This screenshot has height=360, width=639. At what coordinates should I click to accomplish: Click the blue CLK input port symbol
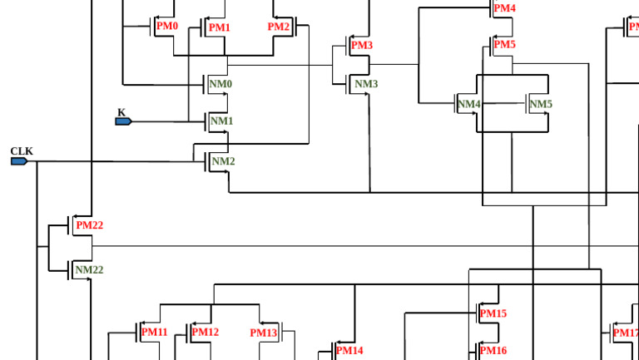(19, 161)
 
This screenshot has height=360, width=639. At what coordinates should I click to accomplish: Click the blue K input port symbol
(123, 121)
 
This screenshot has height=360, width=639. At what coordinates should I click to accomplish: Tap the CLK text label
(22, 151)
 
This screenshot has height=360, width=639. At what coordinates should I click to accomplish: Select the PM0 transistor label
(167, 26)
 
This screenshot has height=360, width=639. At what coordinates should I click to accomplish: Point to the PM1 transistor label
(220, 27)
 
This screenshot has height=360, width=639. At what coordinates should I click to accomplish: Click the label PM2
(279, 27)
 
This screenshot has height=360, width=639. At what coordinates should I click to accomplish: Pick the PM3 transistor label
(362, 45)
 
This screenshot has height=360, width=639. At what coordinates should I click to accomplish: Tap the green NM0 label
(220, 84)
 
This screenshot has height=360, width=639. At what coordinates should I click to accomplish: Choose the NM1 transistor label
(221, 121)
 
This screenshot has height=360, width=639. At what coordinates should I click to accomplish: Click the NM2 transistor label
(223, 161)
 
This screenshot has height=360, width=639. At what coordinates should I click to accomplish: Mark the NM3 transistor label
(366, 84)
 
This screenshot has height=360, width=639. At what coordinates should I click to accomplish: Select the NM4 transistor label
(469, 104)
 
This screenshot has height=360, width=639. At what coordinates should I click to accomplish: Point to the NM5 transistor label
(541, 104)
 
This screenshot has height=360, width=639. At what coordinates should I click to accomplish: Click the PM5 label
(504, 44)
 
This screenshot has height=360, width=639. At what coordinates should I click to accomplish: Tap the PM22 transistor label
(90, 225)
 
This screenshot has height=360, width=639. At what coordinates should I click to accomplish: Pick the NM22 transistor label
(89, 269)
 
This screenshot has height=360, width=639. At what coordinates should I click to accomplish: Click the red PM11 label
(155, 332)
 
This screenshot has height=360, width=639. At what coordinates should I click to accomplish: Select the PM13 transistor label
(264, 333)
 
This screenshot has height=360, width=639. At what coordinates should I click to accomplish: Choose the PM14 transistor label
(349, 350)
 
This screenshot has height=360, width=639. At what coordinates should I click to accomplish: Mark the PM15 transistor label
(493, 313)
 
